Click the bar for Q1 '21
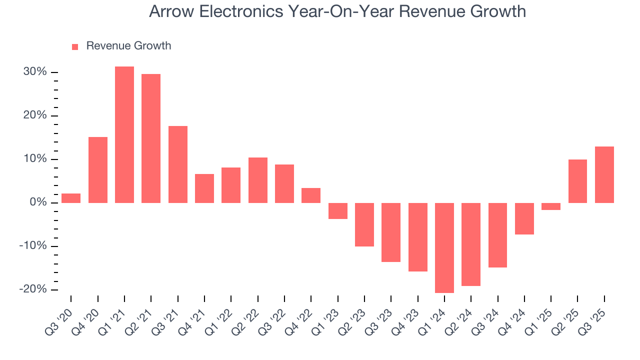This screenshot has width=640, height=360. click(x=124, y=134)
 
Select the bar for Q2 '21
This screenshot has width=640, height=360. click(x=151, y=138)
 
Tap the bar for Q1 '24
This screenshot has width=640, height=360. click(x=444, y=247)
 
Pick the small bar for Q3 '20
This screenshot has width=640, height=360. click(x=71, y=198)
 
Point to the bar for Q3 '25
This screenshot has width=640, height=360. click(x=604, y=174)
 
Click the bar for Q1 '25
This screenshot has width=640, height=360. click(x=551, y=206)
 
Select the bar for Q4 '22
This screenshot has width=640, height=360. click(x=311, y=195)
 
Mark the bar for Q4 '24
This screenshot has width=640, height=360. click(x=524, y=218)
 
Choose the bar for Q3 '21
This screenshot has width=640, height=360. click(x=178, y=164)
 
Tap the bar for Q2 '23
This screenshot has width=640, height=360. click(x=364, y=224)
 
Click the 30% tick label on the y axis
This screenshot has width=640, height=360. click(x=35, y=72)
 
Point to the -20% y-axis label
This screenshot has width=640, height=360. click(x=33, y=289)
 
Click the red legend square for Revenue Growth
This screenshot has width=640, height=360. click(x=75, y=46)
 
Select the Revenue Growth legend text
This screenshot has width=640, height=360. click(x=128, y=46)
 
